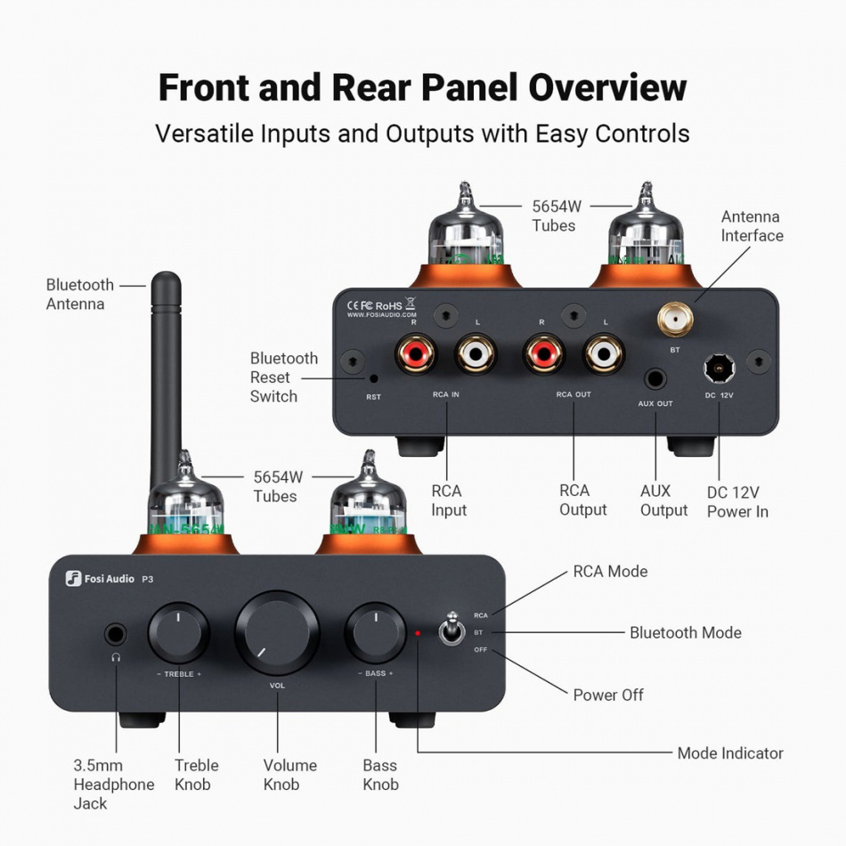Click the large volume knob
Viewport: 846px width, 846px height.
pos(277,631)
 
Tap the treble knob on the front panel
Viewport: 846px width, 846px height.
pos(179,631)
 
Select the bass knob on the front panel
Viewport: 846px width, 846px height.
pos(375,631)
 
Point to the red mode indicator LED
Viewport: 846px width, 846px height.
pos(417,633)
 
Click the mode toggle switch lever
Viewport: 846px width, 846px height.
pos(451,630)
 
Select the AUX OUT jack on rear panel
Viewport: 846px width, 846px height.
pos(655,378)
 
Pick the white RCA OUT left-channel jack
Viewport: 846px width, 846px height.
pos(605,354)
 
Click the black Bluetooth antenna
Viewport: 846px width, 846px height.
pos(166,374)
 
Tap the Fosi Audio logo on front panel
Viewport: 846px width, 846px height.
pos(100,579)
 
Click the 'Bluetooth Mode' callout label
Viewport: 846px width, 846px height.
pos(685,632)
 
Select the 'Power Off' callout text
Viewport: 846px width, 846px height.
pos(608,695)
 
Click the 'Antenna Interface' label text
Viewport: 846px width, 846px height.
pos(752,226)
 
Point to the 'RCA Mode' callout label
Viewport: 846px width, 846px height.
pos(610,571)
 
